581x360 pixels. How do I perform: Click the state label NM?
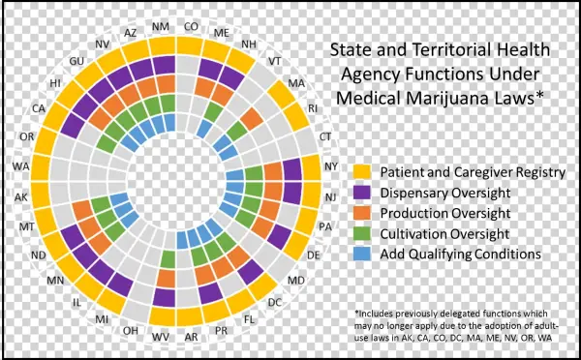tap(161, 26)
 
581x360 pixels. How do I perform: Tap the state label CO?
tap(192, 26)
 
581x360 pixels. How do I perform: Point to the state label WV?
tap(161, 337)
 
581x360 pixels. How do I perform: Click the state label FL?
tap(249, 317)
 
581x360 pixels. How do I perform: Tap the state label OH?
tap(131, 330)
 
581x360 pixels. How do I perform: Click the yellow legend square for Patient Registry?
tap(363, 172)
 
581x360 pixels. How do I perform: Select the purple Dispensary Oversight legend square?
tap(363, 192)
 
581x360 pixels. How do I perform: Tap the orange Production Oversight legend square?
tap(363, 212)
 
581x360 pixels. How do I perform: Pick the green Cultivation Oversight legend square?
tap(363, 232)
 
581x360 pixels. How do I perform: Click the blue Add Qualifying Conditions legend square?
tap(363, 253)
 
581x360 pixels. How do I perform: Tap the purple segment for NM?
tap(164, 64)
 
